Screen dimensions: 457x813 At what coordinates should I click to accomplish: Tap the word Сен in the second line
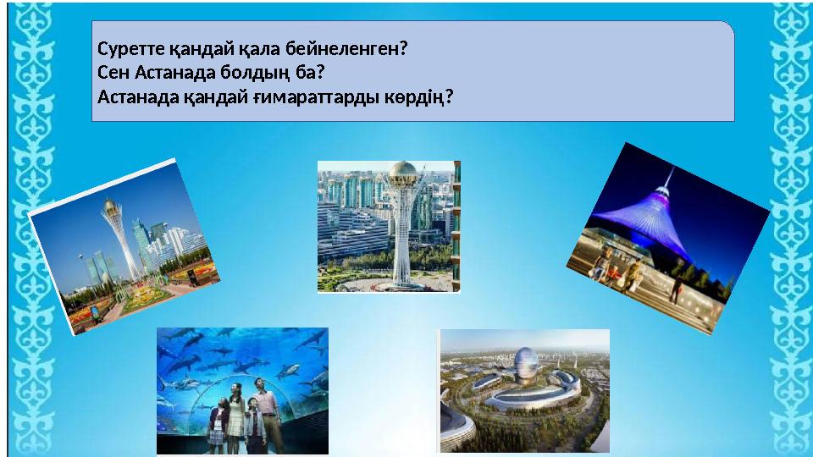pos(111,72)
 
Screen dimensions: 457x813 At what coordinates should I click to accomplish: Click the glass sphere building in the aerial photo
pos(524,365)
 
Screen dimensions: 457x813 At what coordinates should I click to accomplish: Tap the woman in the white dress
pos(236,415)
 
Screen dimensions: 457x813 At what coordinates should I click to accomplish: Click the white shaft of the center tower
pos(401,245)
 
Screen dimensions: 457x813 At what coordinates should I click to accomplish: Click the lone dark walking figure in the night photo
pos(675,288)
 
